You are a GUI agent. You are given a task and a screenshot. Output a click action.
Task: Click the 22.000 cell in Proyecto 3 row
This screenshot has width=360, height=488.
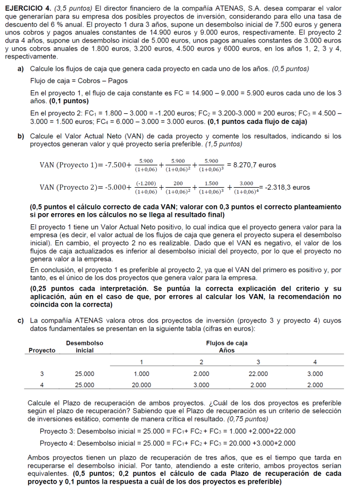(x=258, y=373)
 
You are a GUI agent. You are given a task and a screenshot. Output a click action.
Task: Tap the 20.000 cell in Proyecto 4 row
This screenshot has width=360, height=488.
(x=141, y=384)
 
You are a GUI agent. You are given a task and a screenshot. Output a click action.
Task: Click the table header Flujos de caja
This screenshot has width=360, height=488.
(x=227, y=343)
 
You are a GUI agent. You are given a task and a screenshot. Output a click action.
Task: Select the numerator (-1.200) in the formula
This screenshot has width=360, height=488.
(x=146, y=183)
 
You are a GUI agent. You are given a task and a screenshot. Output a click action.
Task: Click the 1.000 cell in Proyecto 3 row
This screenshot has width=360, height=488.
(x=141, y=373)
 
